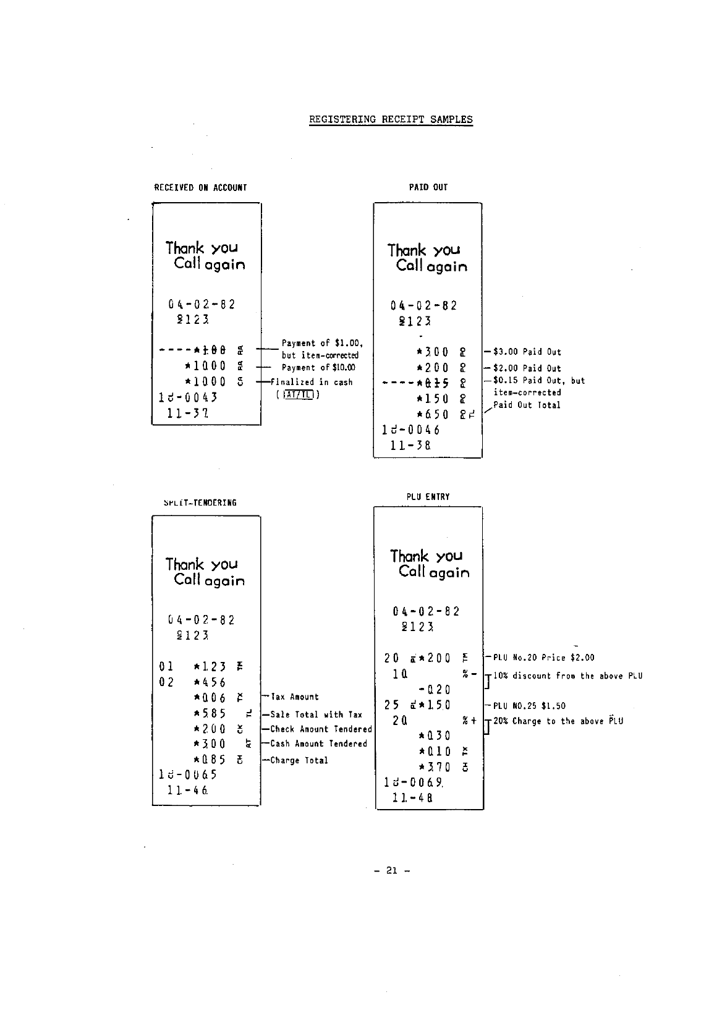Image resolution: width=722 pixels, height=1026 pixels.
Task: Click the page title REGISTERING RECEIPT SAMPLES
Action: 391,120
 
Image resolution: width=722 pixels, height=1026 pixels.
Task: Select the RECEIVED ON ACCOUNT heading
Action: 200,188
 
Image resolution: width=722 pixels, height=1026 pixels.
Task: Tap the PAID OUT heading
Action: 428,187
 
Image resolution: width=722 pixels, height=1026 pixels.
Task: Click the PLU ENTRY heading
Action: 428,497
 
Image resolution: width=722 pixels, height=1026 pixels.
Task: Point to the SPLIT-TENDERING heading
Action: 200,503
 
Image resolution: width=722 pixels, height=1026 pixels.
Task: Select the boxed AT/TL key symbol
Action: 299,395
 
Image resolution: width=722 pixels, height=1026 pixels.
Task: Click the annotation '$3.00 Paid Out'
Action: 527,352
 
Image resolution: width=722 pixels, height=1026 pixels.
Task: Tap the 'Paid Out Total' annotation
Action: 527,405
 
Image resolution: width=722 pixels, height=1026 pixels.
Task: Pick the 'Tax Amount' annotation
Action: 294,697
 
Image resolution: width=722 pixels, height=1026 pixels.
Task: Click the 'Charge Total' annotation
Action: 299,761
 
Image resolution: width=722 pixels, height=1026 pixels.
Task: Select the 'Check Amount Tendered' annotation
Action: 321,729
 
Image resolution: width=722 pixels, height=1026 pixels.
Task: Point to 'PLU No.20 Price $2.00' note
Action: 543,658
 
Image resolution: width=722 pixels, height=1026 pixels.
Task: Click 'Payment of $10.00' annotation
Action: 318,368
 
